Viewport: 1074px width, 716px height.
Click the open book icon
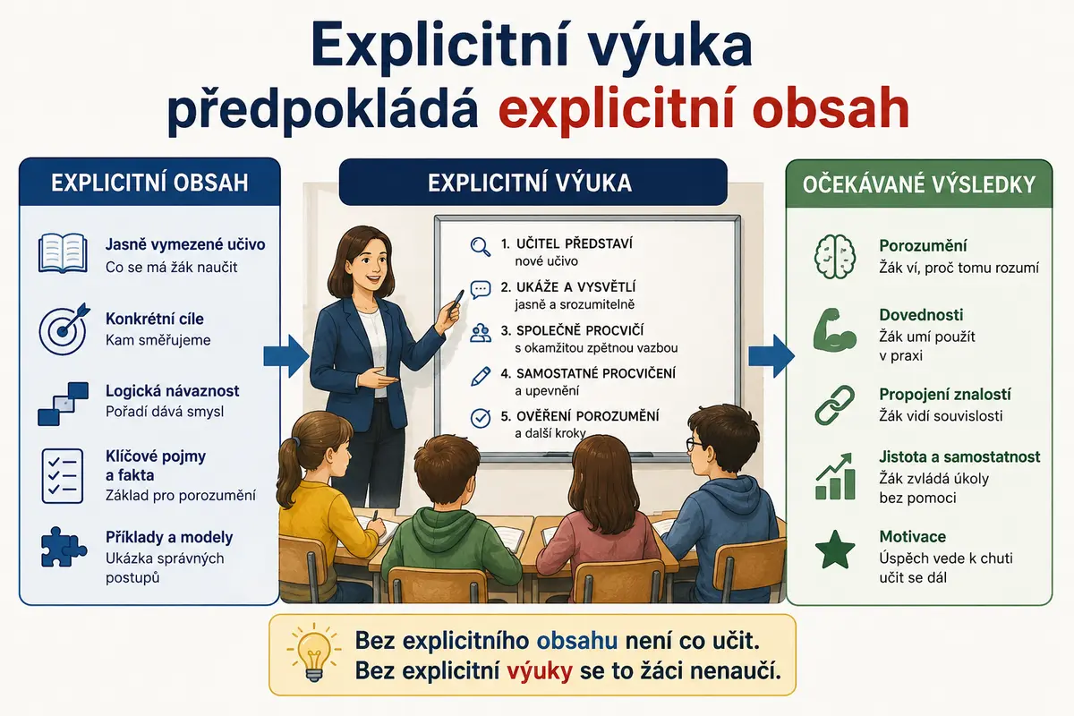63,253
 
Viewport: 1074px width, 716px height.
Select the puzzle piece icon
64,547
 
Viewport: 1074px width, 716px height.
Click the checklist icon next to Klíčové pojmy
63,476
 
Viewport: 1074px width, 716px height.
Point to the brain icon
835,257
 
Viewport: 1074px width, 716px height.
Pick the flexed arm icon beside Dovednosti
835,330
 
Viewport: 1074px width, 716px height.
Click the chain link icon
835,405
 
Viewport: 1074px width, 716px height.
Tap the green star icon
835,550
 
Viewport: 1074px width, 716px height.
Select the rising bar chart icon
835,476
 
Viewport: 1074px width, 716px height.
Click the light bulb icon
314,652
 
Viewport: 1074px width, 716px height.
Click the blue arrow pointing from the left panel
286,356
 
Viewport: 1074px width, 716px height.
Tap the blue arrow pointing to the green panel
771,356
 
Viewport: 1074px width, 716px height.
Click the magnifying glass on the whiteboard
481,247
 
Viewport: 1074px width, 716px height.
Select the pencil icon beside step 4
481,377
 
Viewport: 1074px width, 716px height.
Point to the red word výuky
540,671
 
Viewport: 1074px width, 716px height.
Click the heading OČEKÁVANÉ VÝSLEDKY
919,185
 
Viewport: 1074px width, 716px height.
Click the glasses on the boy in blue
695,445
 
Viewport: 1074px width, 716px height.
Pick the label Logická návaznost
172,391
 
